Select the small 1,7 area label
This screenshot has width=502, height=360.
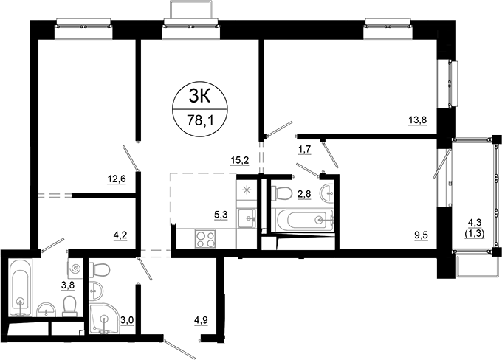pyautogui.click(x=303, y=150)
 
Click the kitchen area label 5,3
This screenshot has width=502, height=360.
pyautogui.click(x=221, y=215)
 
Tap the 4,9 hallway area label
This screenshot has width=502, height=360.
pyautogui.click(x=201, y=319)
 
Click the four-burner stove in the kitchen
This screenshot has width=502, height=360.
pyautogui.click(x=204, y=239)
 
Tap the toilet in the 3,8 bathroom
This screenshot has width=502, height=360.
pyautogui.click(x=70, y=305)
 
